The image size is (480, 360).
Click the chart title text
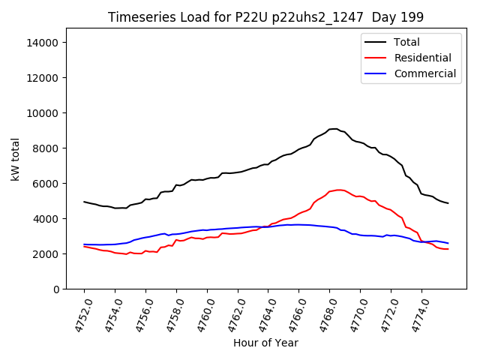265,17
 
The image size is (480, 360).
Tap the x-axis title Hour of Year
265,343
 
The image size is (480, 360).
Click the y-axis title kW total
16,159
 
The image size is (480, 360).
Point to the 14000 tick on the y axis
43,43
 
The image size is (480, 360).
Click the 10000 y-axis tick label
43,113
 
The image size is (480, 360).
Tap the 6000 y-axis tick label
46,184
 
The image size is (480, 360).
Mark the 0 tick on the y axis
55,289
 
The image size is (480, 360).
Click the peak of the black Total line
335,129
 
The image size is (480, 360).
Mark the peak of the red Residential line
339,190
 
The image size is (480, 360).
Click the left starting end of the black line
84,202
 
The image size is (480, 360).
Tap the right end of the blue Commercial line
448,243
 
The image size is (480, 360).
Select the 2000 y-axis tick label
46,254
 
